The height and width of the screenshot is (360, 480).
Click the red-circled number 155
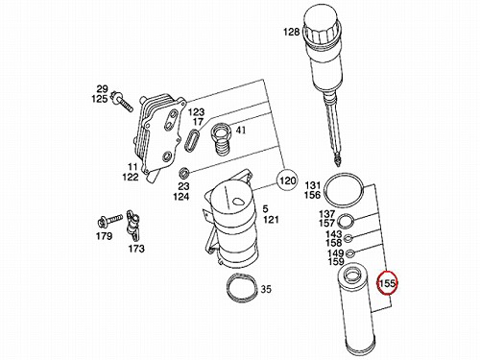pyautogui.click(x=387, y=283)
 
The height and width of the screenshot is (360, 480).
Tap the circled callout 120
pyautogui.click(x=287, y=180)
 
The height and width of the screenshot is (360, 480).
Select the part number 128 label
pyautogui.click(x=291, y=32)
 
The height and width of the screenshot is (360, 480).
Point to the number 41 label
pyautogui.click(x=241, y=131)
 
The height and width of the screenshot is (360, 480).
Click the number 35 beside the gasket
pyautogui.click(x=266, y=289)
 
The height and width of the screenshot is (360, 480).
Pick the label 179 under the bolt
pyautogui.click(x=105, y=236)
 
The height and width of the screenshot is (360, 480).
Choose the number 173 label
pyautogui.click(x=136, y=249)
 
